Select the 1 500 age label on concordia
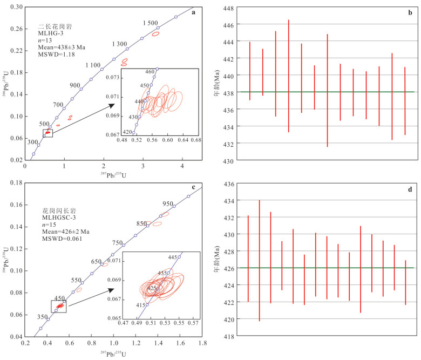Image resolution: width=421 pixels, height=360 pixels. tap(151, 23)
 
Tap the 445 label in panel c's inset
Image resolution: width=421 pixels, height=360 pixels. tap(188, 257)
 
